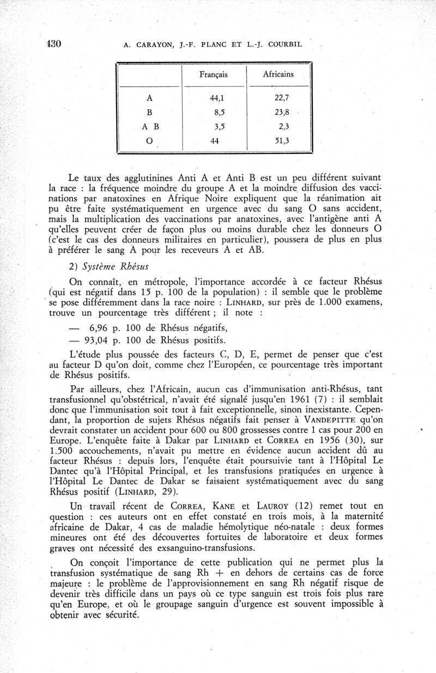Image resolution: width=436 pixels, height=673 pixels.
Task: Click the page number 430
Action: (52, 44)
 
